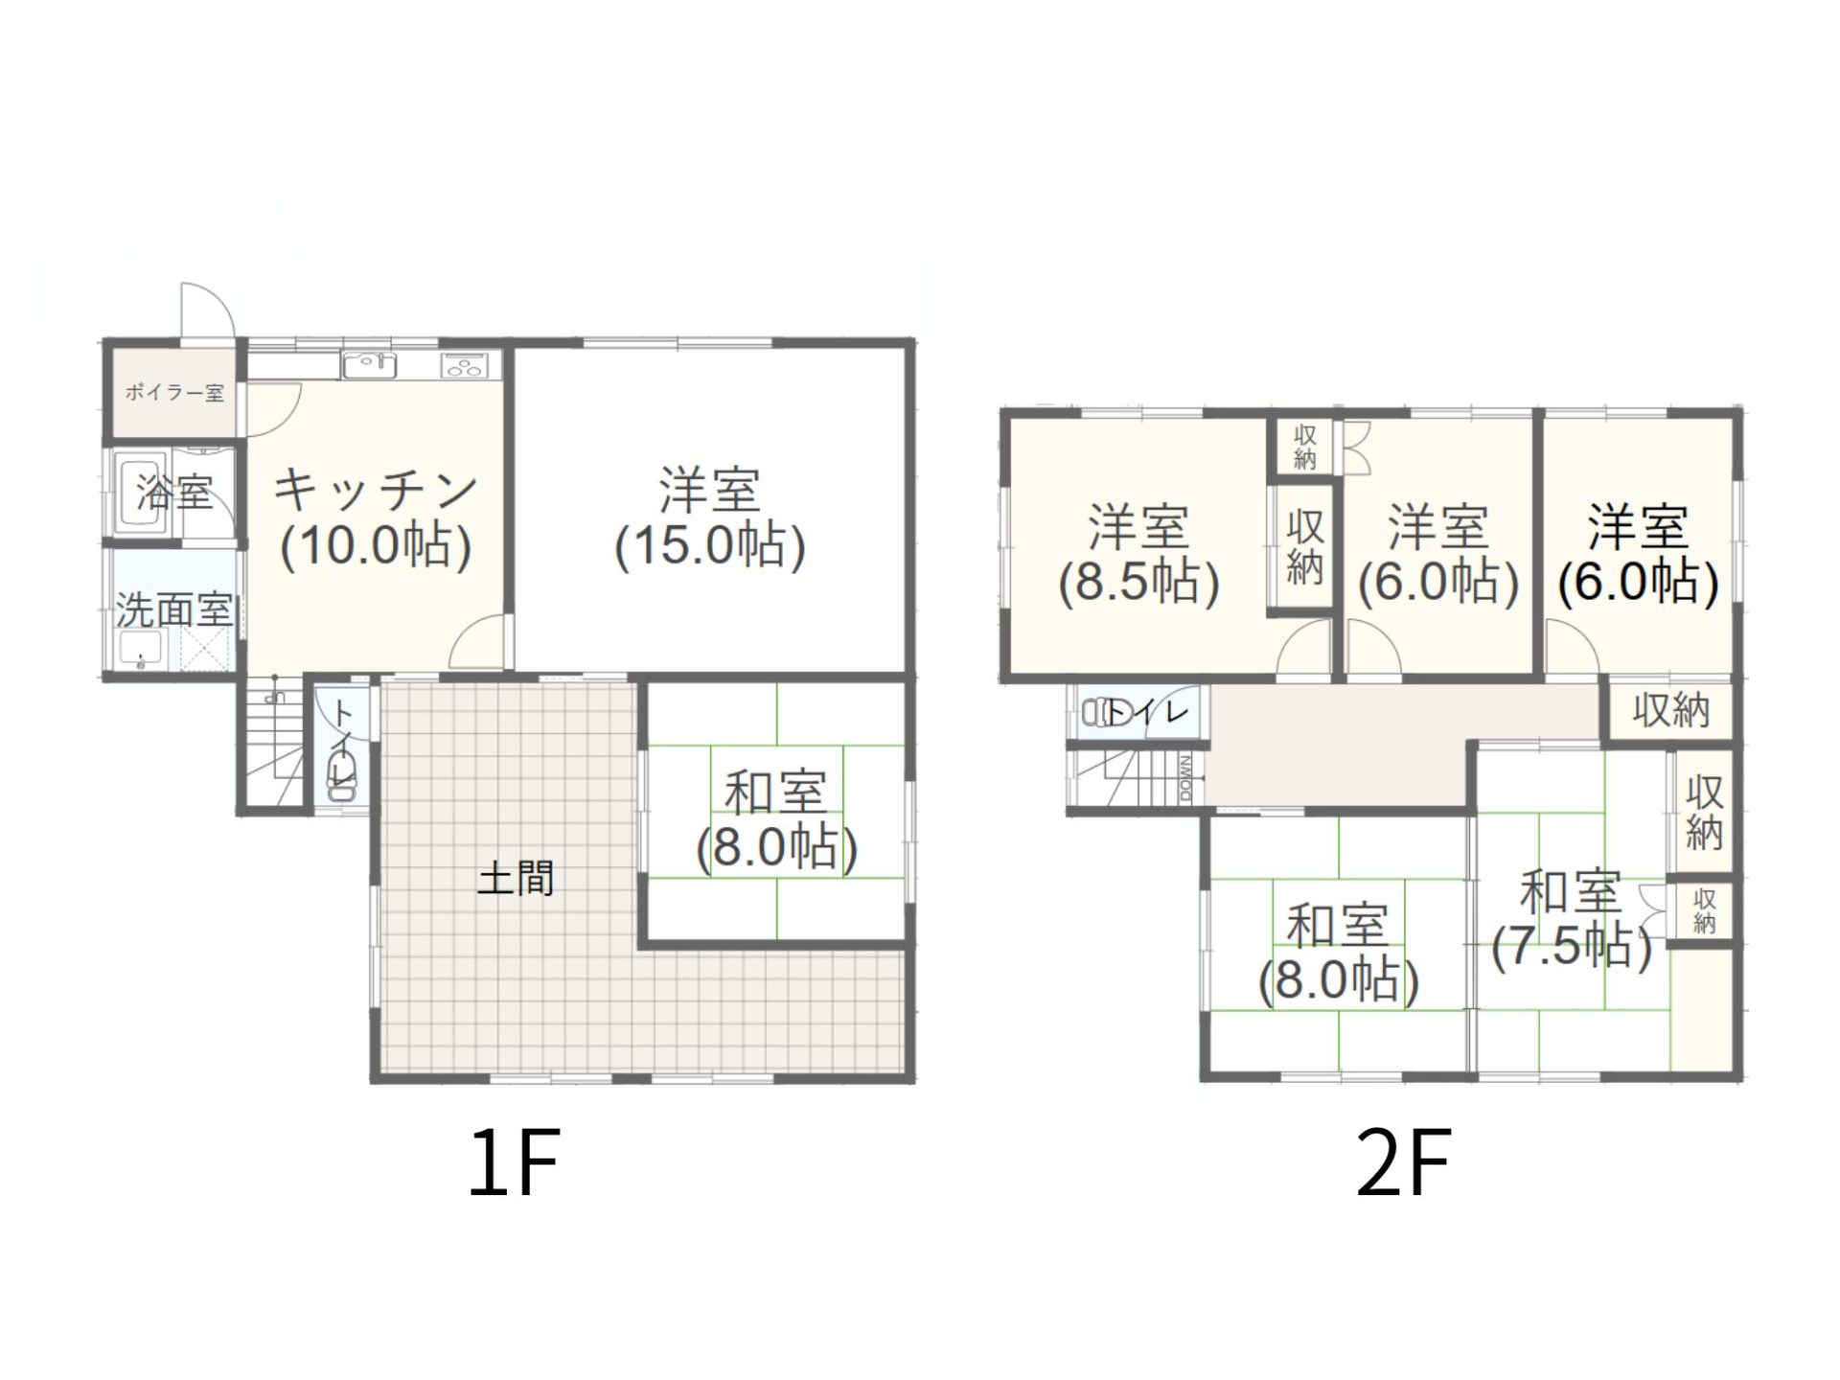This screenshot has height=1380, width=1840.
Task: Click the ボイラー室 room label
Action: point(173,393)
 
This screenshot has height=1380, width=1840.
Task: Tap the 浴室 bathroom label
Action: point(173,493)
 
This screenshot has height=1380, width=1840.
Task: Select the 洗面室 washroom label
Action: point(174,609)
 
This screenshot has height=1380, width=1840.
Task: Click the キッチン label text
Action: point(376,490)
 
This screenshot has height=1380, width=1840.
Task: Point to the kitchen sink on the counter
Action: point(369,365)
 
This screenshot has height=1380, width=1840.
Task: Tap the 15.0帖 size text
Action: point(710,546)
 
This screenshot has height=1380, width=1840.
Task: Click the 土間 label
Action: point(516,878)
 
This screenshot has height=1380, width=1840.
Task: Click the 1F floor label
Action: point(514,1162)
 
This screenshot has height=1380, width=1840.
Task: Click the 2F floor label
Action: point(1403,1162)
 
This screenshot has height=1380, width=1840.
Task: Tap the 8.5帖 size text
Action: point(1138,583)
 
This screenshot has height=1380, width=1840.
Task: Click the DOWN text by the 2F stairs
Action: point(1186,777)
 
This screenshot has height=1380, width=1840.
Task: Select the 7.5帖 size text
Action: point(1572,948)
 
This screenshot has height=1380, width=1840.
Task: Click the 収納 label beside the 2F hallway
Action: point(1671,710)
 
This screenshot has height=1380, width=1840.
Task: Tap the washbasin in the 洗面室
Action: point(142,651)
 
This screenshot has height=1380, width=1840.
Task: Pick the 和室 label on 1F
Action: point(775,793)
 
